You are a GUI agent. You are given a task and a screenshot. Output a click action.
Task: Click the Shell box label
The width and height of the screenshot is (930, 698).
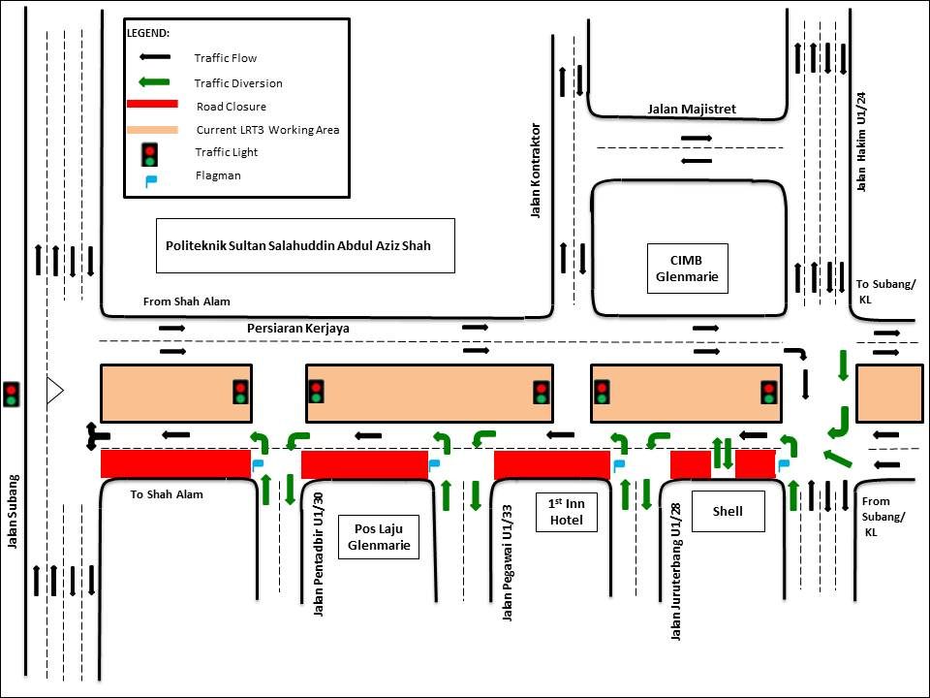pyautogui.click(x=727, y=511)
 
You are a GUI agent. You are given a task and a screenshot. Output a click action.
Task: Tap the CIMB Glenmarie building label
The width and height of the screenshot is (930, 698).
pyautogui.click(x=687, y=269)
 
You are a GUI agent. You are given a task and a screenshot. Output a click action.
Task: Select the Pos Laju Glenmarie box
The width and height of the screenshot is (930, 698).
pyautogui.click(x=378, y=536)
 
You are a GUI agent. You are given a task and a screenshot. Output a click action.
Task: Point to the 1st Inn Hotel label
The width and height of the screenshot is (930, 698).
pyautogui.click(x=568, y=511)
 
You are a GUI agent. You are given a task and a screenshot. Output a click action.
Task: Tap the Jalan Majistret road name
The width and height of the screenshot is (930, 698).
pyautogui.click(x=692, y=110)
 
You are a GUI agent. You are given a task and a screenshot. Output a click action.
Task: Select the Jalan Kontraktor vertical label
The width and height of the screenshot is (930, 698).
pyautogui.click(x=535, y=171)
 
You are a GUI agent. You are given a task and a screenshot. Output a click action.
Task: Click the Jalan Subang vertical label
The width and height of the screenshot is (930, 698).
pyautogui.click(x=14, y=511)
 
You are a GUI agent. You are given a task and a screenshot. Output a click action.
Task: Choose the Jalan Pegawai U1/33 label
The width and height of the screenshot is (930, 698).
pyautogui.click(x=507, y=562)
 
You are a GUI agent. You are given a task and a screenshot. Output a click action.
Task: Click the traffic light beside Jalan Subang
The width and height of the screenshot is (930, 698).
pyautogui.click(x=12, y=393)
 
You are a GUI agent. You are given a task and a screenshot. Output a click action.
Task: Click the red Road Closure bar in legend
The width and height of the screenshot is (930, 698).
pyautogui.click(x=152, y=105)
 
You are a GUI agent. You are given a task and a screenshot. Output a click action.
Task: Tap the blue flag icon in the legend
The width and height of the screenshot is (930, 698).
pyautogui.click(x=150, y=178)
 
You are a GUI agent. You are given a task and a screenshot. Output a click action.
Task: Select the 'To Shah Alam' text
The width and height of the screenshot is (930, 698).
pyautogui.click(x=167, y=494)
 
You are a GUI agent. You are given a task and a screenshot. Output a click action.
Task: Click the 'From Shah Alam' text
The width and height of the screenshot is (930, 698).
pyautogui.click(x=187, y=301)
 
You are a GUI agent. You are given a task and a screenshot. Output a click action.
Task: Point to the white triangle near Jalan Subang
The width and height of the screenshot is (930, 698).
pyautogui.click(x=54, y=391)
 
